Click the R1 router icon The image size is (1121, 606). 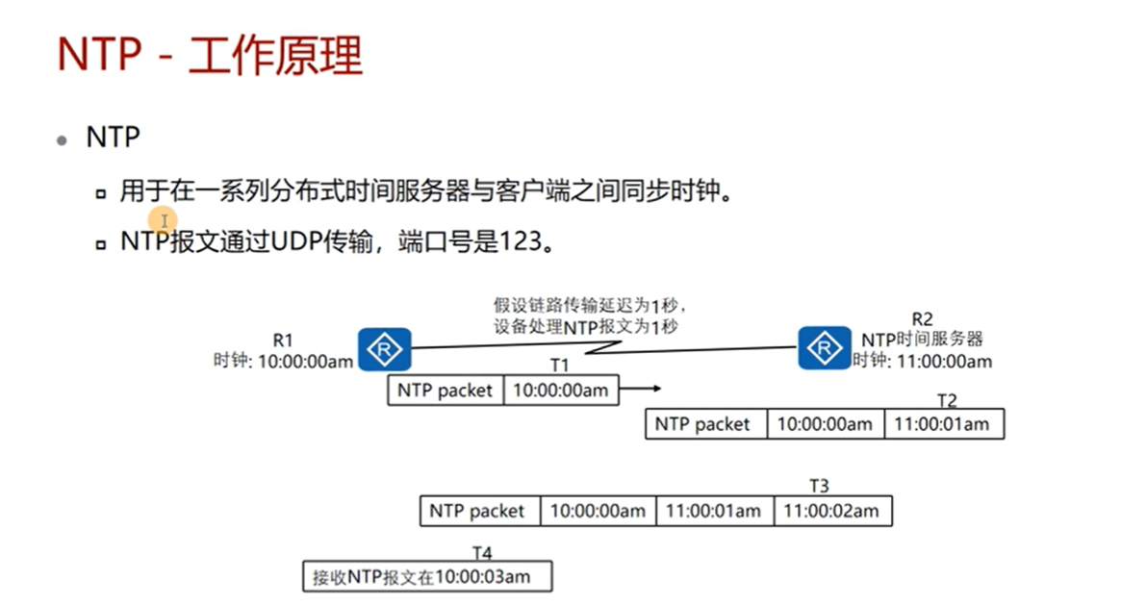point(385,348)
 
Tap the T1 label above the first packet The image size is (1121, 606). point(559,366)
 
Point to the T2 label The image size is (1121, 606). point(947,400)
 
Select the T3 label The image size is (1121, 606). point(819,487)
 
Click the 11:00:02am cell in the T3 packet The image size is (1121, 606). point(832,511)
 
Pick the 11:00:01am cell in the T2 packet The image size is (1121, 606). point(943,424)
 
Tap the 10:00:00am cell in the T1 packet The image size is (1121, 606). point(561,390)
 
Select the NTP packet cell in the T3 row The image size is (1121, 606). point(478,511)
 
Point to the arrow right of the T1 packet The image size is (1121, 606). point(641,389)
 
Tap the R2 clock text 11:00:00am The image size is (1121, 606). point(944,363)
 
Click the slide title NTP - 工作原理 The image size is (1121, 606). point(210,55)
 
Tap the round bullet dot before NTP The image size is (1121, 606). point(63,140)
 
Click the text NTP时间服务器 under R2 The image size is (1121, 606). point(922,340)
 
